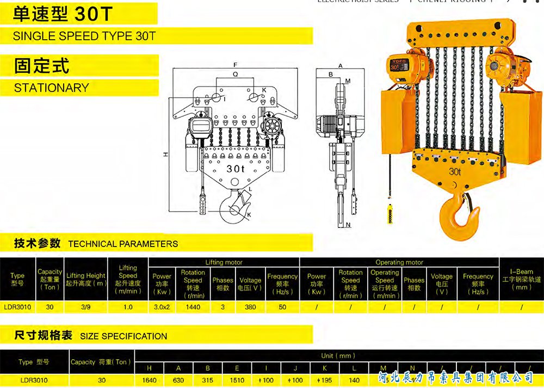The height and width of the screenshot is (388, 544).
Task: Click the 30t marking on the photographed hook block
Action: tap(455, 172)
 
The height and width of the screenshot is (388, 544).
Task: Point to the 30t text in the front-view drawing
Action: tap(236, 169)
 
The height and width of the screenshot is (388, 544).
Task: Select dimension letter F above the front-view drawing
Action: tap(235, 64)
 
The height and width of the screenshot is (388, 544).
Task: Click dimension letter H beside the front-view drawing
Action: tap(165, 155)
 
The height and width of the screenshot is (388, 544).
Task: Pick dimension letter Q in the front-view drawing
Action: tap(235, 73)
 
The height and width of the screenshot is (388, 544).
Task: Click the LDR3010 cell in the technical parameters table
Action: tap(17, 307)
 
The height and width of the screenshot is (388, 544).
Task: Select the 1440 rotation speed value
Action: tap(193, 307)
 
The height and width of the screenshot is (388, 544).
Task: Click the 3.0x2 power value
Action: tap(162, 307)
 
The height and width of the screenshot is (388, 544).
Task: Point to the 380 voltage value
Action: tap(250, 307)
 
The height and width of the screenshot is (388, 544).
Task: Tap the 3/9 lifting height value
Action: tap(85, 307)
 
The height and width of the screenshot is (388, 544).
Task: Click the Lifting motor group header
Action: tap(224, 262)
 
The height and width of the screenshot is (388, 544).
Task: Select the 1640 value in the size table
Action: tap(149, 380)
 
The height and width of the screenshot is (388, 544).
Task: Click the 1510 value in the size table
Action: tap(237, 380)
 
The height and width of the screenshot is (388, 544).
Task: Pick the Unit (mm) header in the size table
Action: tap(337, 356)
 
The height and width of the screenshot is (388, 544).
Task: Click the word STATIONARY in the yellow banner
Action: tap(52, 88)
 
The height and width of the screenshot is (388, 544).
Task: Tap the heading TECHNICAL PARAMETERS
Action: tap(123, 244)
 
